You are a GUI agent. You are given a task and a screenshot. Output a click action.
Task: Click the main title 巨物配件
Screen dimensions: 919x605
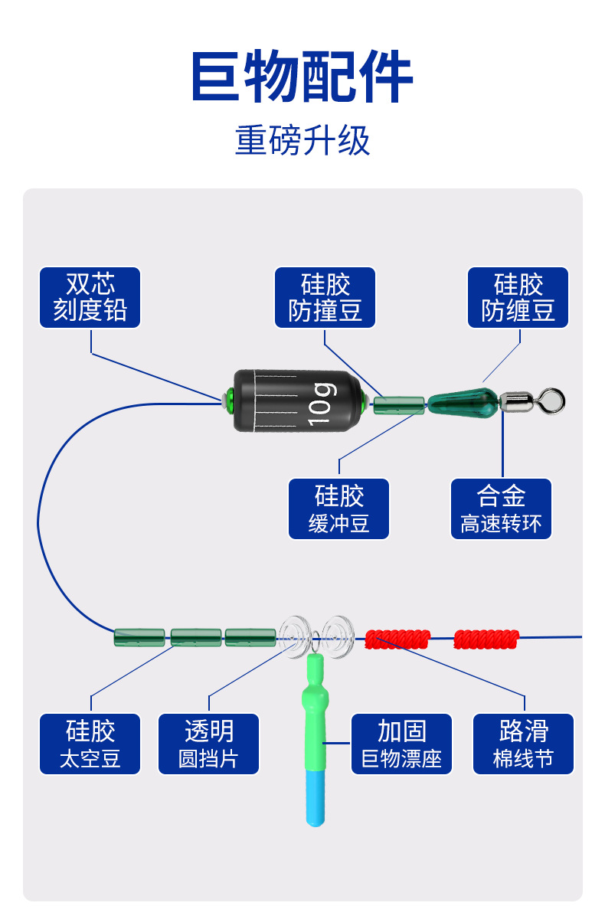(x=302, y=77)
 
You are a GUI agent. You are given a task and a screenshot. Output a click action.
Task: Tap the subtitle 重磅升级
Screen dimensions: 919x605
(x=302, y=141)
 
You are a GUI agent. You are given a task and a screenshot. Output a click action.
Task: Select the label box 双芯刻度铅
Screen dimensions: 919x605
(x=90, y=298)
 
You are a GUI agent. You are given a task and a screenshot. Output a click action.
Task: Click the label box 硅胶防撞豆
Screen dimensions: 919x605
(x=325, y=298)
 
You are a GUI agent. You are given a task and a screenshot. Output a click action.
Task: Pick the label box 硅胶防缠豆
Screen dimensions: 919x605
(x=518, y=298)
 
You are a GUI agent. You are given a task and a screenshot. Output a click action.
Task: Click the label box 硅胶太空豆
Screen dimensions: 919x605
(x=90, y=744)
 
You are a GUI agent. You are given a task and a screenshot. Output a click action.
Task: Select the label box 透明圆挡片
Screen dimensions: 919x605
(x=209, y=744)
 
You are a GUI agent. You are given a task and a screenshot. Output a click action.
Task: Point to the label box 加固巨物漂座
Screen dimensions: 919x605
(x=402, y=744)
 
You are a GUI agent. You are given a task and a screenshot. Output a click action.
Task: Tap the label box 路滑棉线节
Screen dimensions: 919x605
(x=524, y=744)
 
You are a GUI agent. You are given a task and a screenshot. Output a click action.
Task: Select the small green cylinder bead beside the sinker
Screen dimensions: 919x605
(x=399, y=405)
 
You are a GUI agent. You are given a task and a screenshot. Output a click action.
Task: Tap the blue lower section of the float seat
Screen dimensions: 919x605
(x=315, y=796)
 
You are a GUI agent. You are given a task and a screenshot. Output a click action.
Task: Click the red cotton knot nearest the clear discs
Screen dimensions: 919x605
(x=398, y=639)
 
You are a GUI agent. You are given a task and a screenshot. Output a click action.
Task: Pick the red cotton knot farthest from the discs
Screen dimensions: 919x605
(x=487, y=638)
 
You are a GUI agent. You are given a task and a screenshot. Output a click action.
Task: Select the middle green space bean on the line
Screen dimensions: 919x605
(x=196, y=637)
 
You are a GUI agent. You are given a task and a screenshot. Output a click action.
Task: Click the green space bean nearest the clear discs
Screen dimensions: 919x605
(x=250, y=637)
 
